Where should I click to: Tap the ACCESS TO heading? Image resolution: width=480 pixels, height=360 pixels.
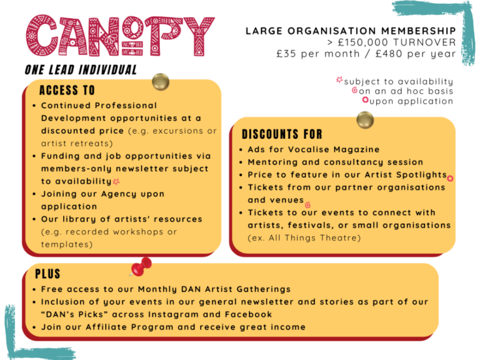67,90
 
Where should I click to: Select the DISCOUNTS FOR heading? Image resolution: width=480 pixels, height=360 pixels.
282,134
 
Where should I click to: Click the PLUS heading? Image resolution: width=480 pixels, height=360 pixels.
47,274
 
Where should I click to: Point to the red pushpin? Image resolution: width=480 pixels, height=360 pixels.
142,266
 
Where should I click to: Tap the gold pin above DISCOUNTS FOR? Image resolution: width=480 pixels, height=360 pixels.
364,119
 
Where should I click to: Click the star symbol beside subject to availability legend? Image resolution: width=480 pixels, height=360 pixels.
339,81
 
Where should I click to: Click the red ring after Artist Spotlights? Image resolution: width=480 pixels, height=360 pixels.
450,178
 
